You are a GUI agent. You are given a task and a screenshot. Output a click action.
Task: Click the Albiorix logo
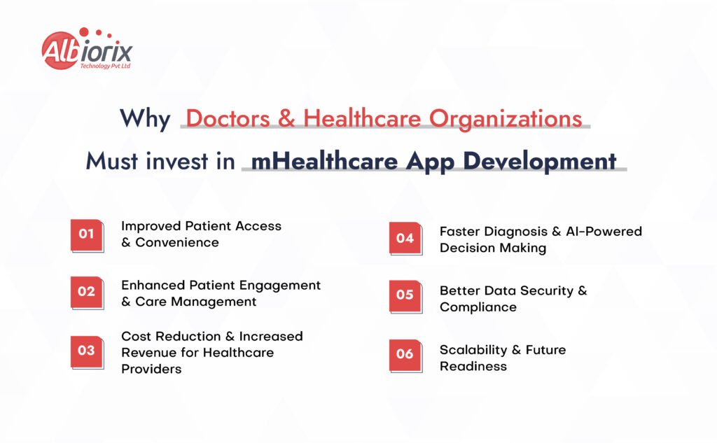pos(86,50)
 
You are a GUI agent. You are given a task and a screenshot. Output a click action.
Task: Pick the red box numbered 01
pos(87,234)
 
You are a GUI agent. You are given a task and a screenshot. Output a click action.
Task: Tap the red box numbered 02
pos(87,291)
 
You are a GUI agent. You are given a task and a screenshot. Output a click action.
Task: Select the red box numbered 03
pos(87,351)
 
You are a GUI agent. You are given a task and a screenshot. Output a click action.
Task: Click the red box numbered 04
pos(405,238)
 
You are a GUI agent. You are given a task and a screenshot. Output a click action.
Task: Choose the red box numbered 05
pos(405,295)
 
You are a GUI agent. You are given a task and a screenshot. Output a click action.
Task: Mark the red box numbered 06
pos(405,354)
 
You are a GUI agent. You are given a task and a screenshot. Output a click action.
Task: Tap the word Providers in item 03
pos(152,369)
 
